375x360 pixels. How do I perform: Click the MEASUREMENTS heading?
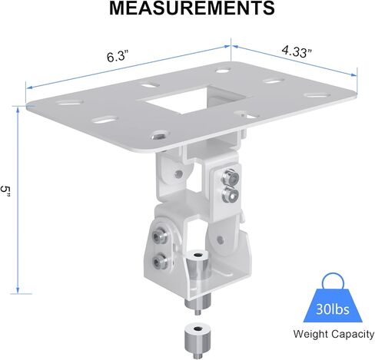click(x=192, y=8)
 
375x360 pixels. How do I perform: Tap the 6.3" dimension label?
click(x=117, y=56)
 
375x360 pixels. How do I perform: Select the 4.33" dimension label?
click(x=297, y=51)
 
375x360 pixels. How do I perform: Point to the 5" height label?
click(x=5, y=192)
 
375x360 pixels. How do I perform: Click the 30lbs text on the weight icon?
click(x=333, y=309)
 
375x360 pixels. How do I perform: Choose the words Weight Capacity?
click(x=334, y=334)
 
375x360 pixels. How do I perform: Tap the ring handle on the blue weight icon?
click(x=333, y=282)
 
